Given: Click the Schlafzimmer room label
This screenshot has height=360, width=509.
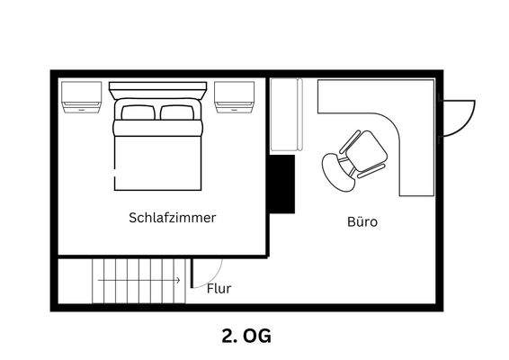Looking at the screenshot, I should tap(172, 218).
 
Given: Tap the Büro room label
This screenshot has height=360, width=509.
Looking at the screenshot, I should tap(362, 221).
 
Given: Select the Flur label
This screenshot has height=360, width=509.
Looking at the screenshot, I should tap(219, 289).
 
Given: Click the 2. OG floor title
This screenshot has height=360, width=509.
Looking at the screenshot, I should tap(246, 336).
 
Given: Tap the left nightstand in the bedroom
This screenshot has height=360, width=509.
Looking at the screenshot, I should tap(81, 96).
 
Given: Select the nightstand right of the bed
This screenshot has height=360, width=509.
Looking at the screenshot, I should tap(237, 96).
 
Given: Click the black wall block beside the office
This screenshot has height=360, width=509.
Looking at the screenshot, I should tap(282, 184).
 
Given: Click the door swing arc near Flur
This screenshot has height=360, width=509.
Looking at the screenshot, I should tap(210, 270).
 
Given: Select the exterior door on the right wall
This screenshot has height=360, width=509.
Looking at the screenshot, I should tap(460, 114).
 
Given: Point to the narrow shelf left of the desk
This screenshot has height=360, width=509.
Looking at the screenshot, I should tap(287, 115).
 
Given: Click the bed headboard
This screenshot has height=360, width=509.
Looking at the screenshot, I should tap(157, 90).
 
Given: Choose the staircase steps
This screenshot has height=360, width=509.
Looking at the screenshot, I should tap(139, 281).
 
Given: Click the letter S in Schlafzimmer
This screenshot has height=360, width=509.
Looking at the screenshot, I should tap(133, 218).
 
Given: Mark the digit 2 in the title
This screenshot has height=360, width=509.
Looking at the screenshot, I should tap(227, 336).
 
